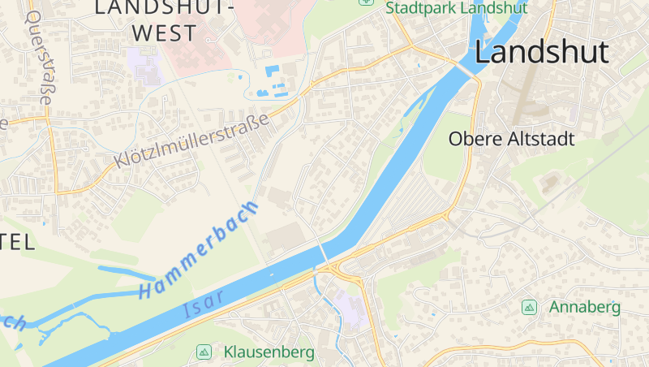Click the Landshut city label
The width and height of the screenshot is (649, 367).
click(541, 52)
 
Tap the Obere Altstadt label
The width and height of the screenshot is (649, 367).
click(511, 139)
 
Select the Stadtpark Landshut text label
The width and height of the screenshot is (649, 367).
click(457, 8)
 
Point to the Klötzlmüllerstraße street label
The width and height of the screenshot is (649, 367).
click(191, 140)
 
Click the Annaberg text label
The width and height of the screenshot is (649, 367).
click(584, 307)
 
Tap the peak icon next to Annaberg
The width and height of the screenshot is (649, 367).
click(530, 307)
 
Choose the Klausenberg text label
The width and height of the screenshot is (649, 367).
click(269, 352)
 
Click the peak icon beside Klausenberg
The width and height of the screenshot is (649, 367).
click(204, 352)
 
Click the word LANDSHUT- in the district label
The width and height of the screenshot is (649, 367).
click(164, 8)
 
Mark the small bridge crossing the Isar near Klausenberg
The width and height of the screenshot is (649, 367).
click(324, 253)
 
